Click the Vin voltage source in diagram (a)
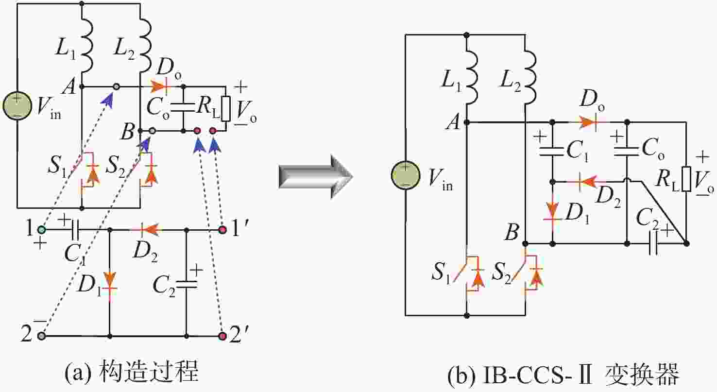[x=17, y=104]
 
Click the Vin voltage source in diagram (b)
[x=406, y=176]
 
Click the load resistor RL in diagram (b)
[x=686, y=178]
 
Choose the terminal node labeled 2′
[x=223, y=336]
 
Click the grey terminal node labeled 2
[x=42, y=336]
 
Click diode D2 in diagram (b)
[x=586, y=182]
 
